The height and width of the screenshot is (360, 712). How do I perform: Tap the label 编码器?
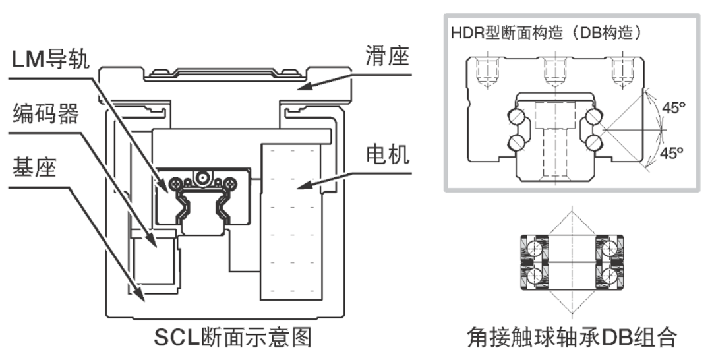(x=45, y=114)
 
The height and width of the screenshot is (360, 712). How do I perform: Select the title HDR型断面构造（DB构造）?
(x=547, y=32)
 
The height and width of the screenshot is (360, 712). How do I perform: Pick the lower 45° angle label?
(x=673, y=154)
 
